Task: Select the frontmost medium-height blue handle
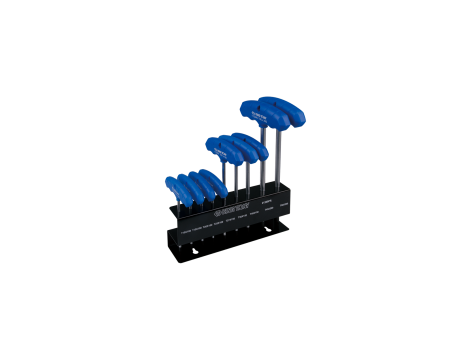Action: coord(222,150)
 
